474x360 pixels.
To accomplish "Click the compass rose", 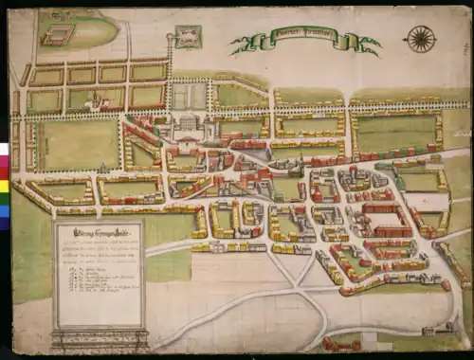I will (419, 39).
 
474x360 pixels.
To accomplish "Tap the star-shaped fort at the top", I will (189, 37).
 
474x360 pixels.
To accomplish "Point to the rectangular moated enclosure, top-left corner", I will (57, 35).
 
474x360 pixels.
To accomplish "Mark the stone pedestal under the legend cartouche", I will (98, 340).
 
